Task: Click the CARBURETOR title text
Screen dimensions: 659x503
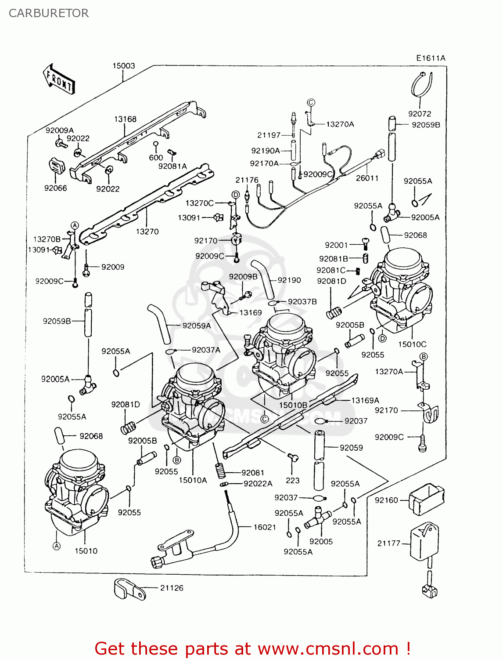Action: point(49,13)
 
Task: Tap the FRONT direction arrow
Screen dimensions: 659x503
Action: point(59,80)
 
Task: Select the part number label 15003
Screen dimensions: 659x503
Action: point(124,66)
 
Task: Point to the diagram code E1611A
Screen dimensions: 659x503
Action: point(431,58)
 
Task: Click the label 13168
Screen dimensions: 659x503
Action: point(125,119)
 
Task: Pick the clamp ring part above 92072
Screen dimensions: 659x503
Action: point(422,84)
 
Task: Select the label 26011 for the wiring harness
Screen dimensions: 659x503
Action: point(367,178)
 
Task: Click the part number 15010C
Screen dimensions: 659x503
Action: point(412,344)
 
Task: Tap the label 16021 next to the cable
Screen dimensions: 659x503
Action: point(265,527)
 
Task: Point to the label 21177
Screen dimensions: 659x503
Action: point(389,543)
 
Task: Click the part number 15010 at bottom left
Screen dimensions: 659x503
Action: point(86,551)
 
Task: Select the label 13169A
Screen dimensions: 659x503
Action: point(365,400)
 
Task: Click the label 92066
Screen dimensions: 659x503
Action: point(56,188)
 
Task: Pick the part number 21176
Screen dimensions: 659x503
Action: point(247,180)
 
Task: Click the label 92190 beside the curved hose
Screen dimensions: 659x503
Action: point(289,280)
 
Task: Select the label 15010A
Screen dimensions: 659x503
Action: point(193,480)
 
